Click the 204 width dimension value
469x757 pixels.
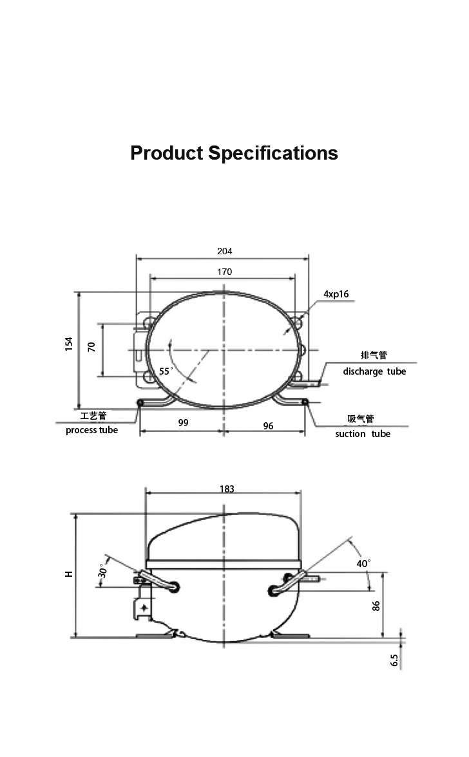[x=225, y=251]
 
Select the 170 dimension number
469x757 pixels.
[x=225, y=272]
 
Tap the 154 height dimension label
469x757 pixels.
[x=69, y=344]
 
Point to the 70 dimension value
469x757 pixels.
[x=91, y=346]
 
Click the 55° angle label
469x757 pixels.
[x=166, y=371]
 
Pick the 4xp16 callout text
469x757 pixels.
[x=336, y=294]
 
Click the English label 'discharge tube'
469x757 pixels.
[x=374, y=371]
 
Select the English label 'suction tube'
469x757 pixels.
[x=363, y=434]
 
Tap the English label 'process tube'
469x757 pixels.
[x=91, y=430]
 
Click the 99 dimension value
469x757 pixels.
[x=183, y=423]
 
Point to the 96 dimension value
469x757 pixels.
[x=268, y=426]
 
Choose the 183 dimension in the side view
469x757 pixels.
[x=227, y=489]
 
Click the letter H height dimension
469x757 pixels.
[x=69, y=574]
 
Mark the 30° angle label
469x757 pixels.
[x=102, y=570]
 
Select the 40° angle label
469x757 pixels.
[x=364, y=563]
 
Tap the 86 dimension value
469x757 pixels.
[x=376, y=606]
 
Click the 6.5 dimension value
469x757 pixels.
[x=395, y=660]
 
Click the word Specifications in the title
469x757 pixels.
[x=273, y=153]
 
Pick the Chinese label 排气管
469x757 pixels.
[x=374, y=355]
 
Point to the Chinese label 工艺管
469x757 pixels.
[x=93, y=416]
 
